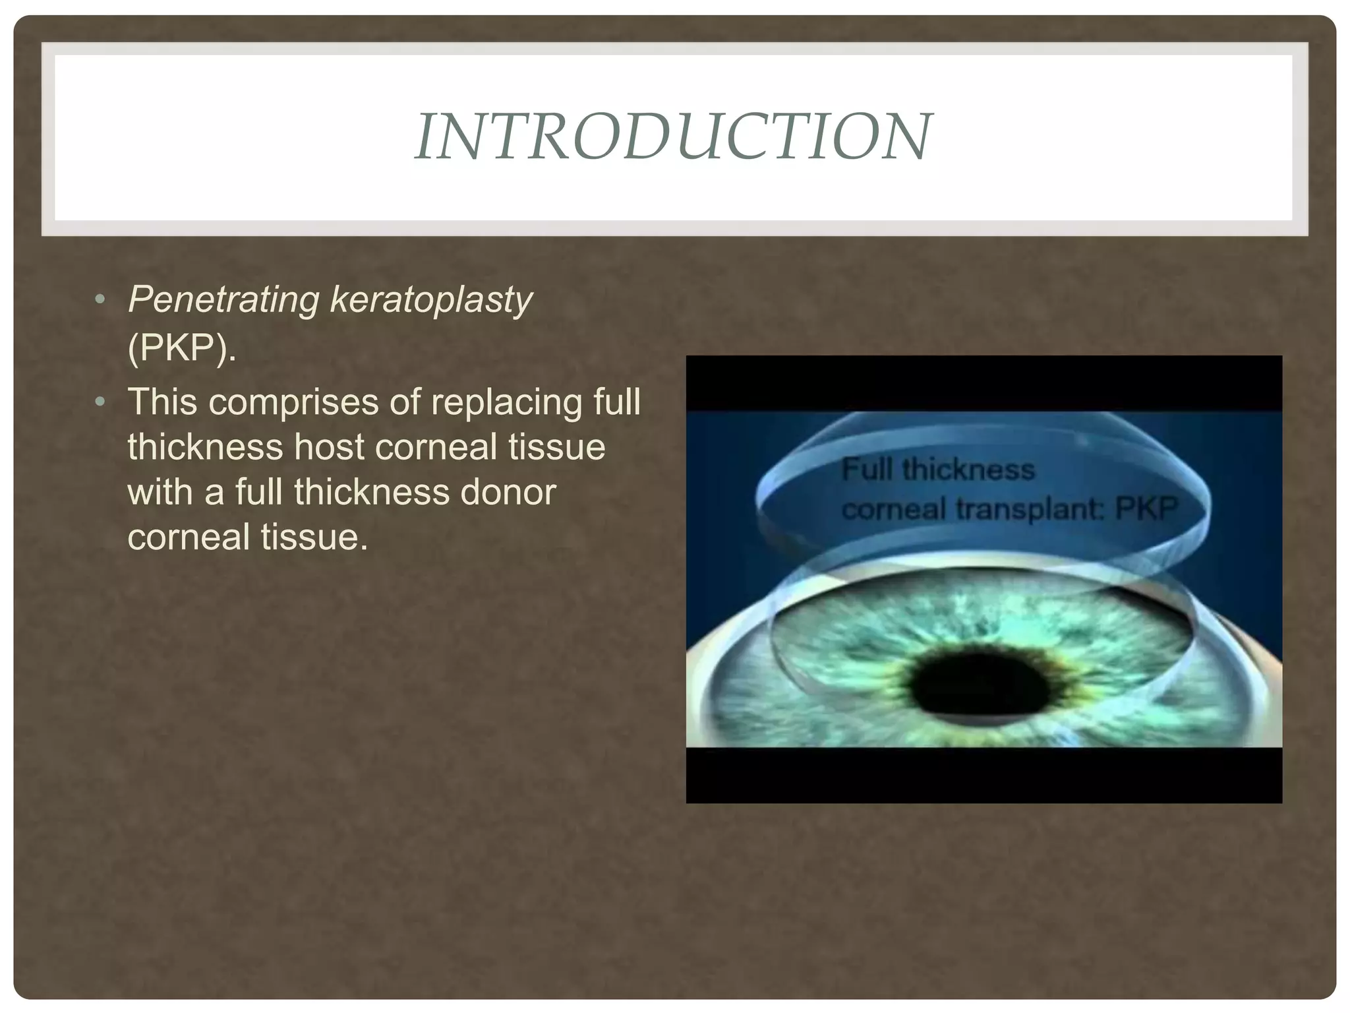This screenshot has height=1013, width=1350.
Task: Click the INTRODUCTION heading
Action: pyautogui.click(x=673, y=137)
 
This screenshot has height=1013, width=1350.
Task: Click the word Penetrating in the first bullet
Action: pyautogui.click(x=223, y=300)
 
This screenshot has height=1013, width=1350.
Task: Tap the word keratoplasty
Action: pyautogui.click(x=430, y=300)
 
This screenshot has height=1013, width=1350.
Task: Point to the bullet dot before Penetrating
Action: pyautogui.click(x=100, y=300)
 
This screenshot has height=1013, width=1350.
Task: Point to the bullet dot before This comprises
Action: pyautogui.click(x=100, y=401)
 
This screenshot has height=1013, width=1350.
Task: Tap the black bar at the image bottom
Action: pyautogui.click(x=983, y=774)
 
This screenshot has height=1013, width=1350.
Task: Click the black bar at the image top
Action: pyautogui.click(x=983, y=383)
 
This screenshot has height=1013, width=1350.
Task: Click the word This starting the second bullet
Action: pyautogui.click(x=162, y=402)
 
